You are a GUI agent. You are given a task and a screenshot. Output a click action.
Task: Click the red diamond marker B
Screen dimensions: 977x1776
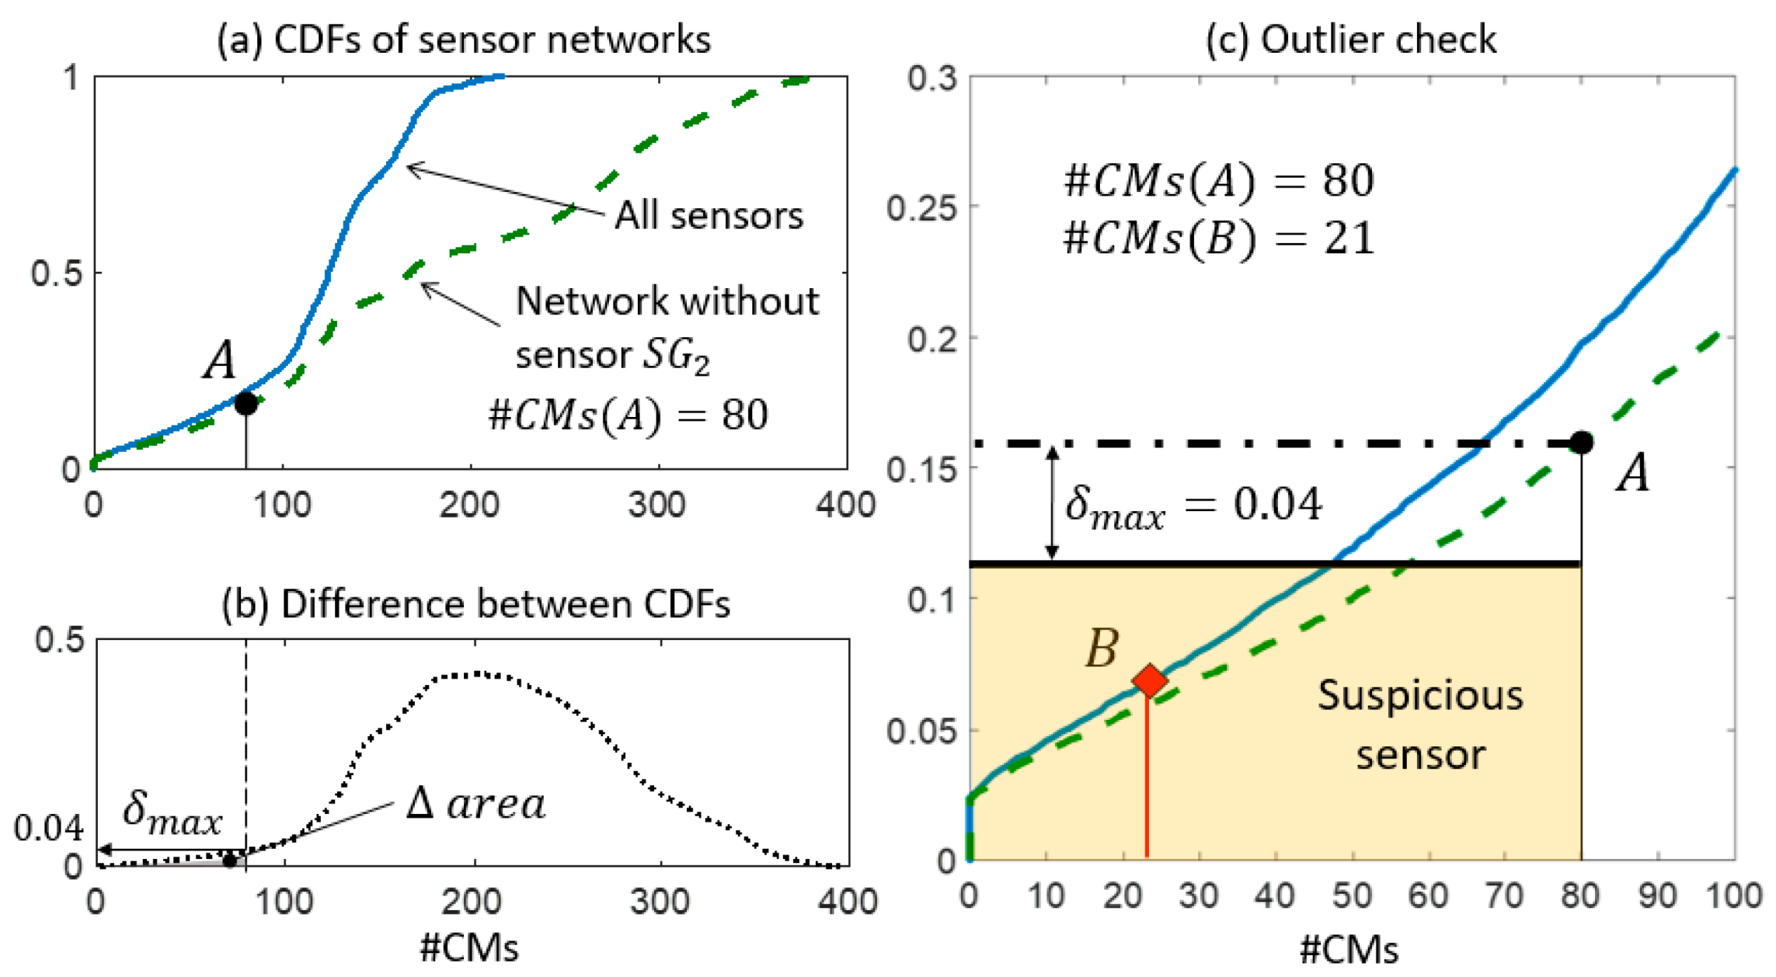tap(1149, 680)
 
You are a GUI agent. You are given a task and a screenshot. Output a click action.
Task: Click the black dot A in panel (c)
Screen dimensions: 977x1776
tap(1581, 443)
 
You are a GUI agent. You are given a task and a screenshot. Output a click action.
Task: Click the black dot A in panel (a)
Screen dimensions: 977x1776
tap(246, 404)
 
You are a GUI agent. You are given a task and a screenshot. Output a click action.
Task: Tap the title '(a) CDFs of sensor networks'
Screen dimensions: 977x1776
tap(464, 39)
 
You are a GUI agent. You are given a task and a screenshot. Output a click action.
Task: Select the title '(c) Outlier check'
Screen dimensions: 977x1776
tap(1350, 39)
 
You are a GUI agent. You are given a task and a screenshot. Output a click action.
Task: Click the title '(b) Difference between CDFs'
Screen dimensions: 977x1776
tap(475, 604)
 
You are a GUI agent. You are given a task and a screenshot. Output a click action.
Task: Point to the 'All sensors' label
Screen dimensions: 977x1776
tap(709, 215)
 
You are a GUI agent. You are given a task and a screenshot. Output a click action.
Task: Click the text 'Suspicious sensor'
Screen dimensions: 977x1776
tap(1420, 724)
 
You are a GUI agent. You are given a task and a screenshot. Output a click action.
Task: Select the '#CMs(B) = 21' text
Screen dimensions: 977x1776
tap(1218, 238)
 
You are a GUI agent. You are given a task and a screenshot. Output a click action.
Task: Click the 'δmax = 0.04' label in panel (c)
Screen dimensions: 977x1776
tap(1193, 506)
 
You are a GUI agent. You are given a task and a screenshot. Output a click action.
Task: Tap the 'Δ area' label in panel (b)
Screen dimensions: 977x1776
tap(475, 804)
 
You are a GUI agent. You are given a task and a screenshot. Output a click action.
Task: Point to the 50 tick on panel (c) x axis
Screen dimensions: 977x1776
tap(1352, 895)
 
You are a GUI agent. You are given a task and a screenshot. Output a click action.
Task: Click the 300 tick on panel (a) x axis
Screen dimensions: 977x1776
tap(657, 506)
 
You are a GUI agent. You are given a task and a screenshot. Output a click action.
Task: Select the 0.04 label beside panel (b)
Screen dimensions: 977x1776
tap(48, 829)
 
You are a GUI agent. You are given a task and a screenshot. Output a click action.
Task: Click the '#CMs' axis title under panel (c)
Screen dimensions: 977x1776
tap(1349, 950)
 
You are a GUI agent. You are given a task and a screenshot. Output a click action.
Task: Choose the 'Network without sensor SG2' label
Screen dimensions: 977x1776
tap(667, 327)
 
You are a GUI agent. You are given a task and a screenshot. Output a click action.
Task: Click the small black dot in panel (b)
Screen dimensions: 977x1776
tap(229, 861)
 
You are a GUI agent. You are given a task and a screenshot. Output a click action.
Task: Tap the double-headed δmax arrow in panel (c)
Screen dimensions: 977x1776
tap(1052, 502)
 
